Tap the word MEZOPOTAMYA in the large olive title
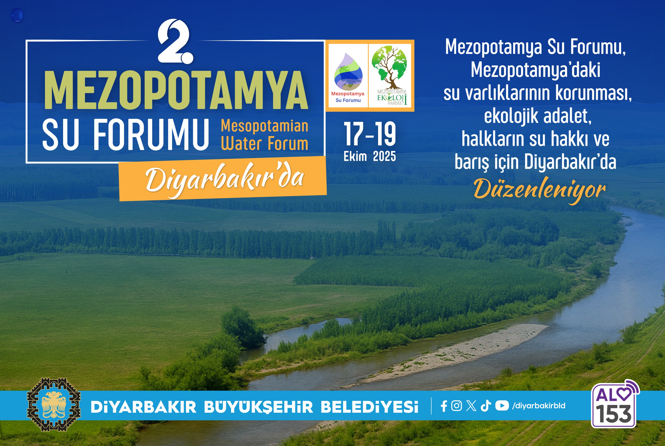176,90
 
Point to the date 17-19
370,134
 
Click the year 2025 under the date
384,157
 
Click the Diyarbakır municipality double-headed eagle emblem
54,405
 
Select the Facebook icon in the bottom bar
444,406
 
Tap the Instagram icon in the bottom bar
457,406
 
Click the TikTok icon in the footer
486,406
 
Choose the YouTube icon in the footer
502,406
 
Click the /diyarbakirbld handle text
539,406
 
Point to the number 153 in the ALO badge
614,414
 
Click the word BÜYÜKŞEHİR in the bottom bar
259,407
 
